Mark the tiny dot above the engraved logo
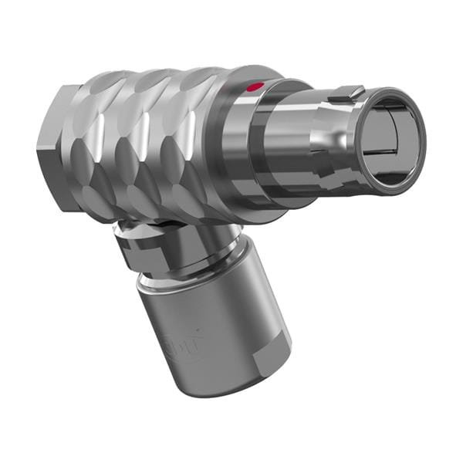point(171,333)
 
